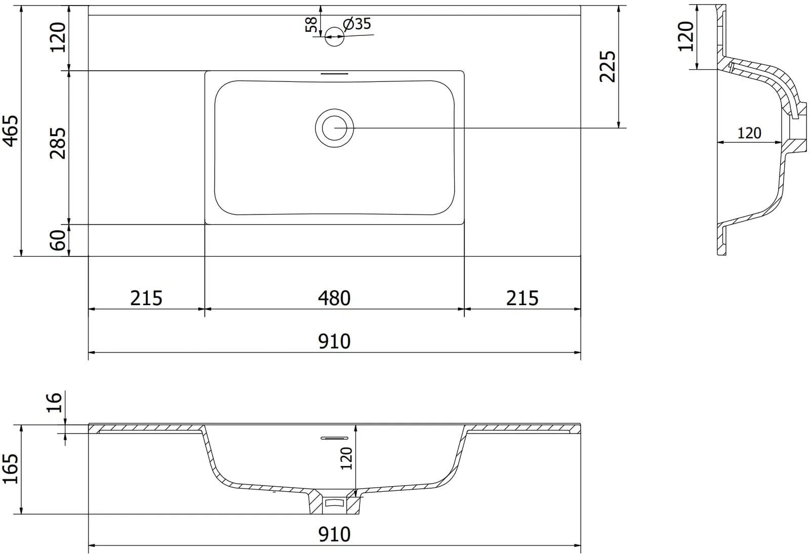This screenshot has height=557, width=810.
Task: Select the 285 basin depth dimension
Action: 58,143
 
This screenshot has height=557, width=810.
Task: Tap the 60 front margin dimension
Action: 58,240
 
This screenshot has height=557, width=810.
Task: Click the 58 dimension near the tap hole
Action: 311,25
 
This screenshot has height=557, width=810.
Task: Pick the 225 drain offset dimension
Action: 607,66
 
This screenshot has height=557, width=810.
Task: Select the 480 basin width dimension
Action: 334,298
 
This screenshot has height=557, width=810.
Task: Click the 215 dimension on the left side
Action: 146,298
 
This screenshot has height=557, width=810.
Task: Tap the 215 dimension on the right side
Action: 522,298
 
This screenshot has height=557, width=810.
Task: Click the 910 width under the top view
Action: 334,341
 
